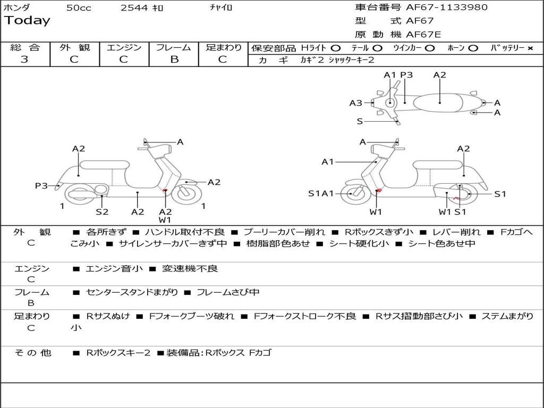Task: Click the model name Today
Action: pyautogui.click(x=27, y=21)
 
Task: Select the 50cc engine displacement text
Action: pyautogui.click(x=79, y=8)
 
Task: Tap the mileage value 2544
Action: pyautogui.click(x=135, y=8)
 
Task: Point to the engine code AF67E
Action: pyautogui.click(x=423, y=35)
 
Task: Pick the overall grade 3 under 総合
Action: pyautogui.click(x=24, y=59)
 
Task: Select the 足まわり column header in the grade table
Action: pyautogui.click(x=224, y=47)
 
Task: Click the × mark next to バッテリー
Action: pyautogui.click(x=530, y=48)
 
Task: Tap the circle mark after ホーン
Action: pyautogui.click(x=473, y=48)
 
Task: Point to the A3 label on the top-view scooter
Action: pyautogui.click(x=355, y=103)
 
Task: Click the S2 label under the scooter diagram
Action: pyautogui.click(x=102, y=212)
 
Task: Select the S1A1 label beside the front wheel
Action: pyautogui.click(x=321, y=193)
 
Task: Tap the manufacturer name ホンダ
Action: pyautogui.click(x=17, y=8)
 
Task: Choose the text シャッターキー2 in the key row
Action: pyautogui.click(x=351, y=61)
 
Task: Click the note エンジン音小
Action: pyautogui.click(x=114, y=269)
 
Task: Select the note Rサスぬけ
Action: pyautogui.click(x=108, y=316)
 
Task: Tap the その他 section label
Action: pyautogui.click(x=32, y=353)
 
